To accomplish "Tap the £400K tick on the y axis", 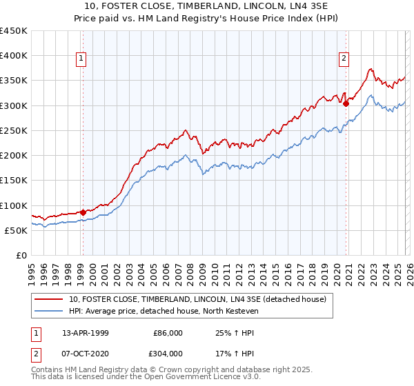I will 14,56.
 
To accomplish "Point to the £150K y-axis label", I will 14,181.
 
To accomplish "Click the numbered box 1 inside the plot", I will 81,59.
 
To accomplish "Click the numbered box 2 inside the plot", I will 344,59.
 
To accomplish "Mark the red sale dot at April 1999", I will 83,212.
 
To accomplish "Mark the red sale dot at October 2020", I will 346,104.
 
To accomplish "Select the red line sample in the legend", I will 48,299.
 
